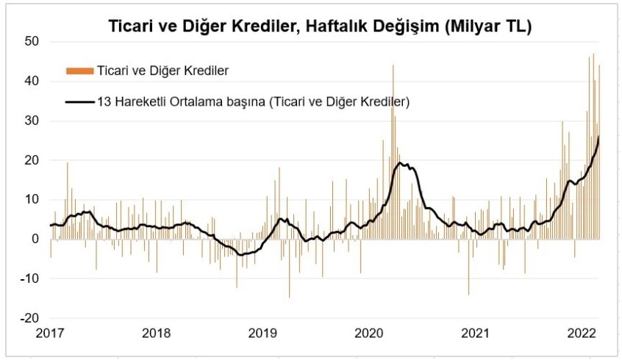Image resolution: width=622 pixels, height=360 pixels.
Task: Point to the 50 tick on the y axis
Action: pos(31,41)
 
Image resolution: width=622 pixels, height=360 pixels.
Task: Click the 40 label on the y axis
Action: pos(31,81)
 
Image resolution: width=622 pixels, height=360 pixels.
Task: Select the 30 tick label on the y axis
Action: pos(31,120)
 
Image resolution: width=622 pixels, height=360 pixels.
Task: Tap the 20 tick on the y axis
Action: pos(31,160)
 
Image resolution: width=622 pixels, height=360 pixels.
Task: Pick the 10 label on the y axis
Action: pos(31,199)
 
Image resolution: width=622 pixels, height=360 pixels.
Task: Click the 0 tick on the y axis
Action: pos(34,239)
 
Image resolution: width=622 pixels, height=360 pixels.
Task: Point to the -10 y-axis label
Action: pos(29,278)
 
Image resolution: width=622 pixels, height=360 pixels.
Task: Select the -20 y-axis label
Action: pos(29,318)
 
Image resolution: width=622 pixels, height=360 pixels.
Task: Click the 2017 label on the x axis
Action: pos(51,333)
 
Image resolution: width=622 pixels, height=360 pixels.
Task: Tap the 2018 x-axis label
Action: pos(157,333)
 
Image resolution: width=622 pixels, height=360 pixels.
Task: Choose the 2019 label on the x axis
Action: pos(263,333)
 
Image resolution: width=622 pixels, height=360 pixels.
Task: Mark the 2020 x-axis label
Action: pos(369,333)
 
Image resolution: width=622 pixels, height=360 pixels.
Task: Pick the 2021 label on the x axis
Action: pos(476,333)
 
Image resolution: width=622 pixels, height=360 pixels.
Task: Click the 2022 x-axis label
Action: pos(582,333)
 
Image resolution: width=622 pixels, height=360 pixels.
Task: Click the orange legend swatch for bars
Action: pos(79,71)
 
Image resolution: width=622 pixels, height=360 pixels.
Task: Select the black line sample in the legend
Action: pos(79,101)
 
